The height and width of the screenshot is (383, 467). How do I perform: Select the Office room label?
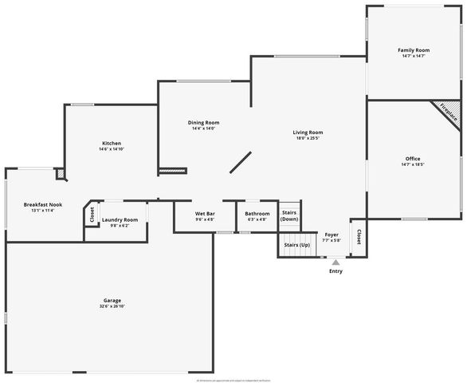pos(412,158)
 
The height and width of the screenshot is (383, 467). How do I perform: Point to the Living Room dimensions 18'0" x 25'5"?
pos(307,138)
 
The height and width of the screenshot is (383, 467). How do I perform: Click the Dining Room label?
pos(203,122)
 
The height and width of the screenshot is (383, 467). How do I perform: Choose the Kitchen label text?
pos(111,143)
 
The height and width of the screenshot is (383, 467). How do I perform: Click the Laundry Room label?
pos(120,219)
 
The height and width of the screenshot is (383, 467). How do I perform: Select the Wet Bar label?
pos(205,214)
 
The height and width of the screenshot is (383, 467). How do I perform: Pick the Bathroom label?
pos(257,214)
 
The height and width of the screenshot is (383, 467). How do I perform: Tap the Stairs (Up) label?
pos(292,244)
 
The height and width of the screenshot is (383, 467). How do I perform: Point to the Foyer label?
pos(332,235)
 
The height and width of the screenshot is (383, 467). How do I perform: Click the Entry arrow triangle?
pos(336,261)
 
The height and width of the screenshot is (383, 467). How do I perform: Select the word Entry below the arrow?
pos(336,270)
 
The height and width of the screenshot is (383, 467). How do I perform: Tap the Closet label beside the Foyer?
pos(359,237)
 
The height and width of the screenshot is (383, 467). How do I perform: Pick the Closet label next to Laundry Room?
pos(92,214)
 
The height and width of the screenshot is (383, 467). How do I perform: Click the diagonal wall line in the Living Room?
pos(241,163)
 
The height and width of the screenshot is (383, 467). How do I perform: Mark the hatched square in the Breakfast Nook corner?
pos(60,174)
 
